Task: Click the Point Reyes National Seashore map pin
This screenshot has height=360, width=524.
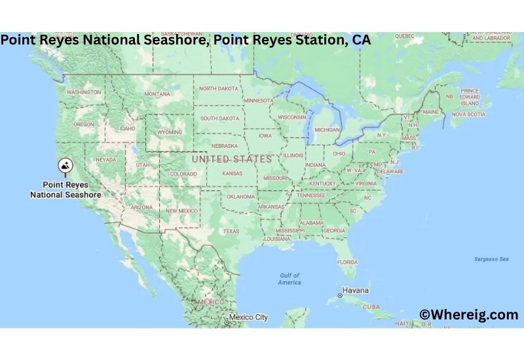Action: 66,167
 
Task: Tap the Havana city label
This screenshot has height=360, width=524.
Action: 356,290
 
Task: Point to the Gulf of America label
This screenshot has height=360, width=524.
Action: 289,279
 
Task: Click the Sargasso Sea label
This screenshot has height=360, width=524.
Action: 491,259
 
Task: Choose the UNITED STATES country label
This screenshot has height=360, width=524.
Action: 231,159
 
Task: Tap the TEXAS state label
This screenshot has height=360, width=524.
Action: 231,231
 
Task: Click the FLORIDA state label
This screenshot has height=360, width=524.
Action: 347,262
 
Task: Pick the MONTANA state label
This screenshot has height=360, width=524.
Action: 157,94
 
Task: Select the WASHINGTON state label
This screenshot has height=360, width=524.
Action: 84,92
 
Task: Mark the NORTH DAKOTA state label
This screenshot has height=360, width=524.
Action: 219,88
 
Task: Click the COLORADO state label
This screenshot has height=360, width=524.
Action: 183,174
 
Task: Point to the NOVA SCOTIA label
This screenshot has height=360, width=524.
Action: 468,114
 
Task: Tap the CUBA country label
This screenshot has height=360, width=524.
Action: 371,306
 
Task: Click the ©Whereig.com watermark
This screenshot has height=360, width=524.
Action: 468,315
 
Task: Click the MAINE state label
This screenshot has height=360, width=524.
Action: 431,112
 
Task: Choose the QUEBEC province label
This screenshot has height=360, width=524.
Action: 405,35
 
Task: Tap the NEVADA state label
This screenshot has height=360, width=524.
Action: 106,160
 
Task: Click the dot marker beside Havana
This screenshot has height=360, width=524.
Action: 339,296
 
